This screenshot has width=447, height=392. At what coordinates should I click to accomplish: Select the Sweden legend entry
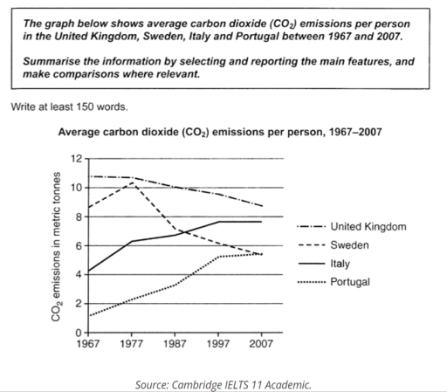click(x=349, y=245)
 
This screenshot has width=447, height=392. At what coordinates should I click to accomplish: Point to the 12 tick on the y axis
click(x=76, y=159)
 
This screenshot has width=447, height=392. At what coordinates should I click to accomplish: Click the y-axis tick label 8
click(x=79, y=217)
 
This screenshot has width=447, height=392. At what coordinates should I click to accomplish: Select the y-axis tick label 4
click(x=79, y=274)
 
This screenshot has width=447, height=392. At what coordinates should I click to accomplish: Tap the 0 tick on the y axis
click(x=79, y=333)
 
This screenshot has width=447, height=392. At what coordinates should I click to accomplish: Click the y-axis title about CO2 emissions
click(x=55, y=246)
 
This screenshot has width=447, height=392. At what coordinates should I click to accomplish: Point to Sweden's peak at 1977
click(x=132, y=182)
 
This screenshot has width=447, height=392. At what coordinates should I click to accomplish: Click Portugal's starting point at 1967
click(x=89, y=315)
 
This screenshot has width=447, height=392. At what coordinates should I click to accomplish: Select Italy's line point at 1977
click(x=132, y=241)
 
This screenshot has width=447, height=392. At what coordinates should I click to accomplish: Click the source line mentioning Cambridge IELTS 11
click(x=223, y=383)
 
